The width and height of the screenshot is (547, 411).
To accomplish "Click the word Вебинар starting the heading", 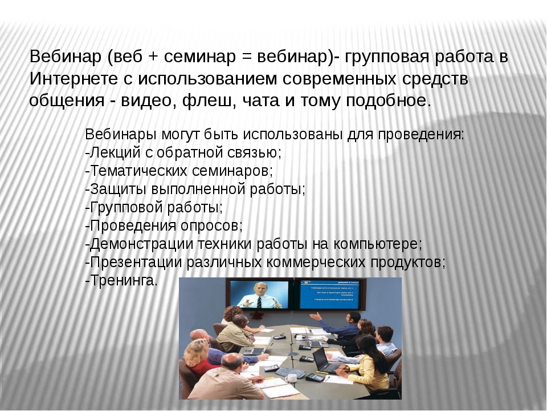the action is pyautogui.click(x=65, y=57).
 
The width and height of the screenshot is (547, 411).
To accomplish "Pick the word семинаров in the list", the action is pyautogui.click(x=232, y=171).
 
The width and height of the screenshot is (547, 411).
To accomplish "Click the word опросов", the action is pyautogui.click(x=211, y=226).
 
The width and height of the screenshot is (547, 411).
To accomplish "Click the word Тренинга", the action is pyautogui.click(x=124, y=280).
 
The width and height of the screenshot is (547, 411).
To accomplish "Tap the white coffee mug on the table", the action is pyautogui.click(x=290, y=378).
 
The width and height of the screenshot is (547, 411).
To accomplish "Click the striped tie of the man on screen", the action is pyautogui.click(x=259, y=302).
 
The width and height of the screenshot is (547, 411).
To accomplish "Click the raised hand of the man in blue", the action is pyautogui.click(x=315, y=316).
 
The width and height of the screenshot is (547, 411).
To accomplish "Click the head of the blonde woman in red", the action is pyautogui.click(x=197, y=350).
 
